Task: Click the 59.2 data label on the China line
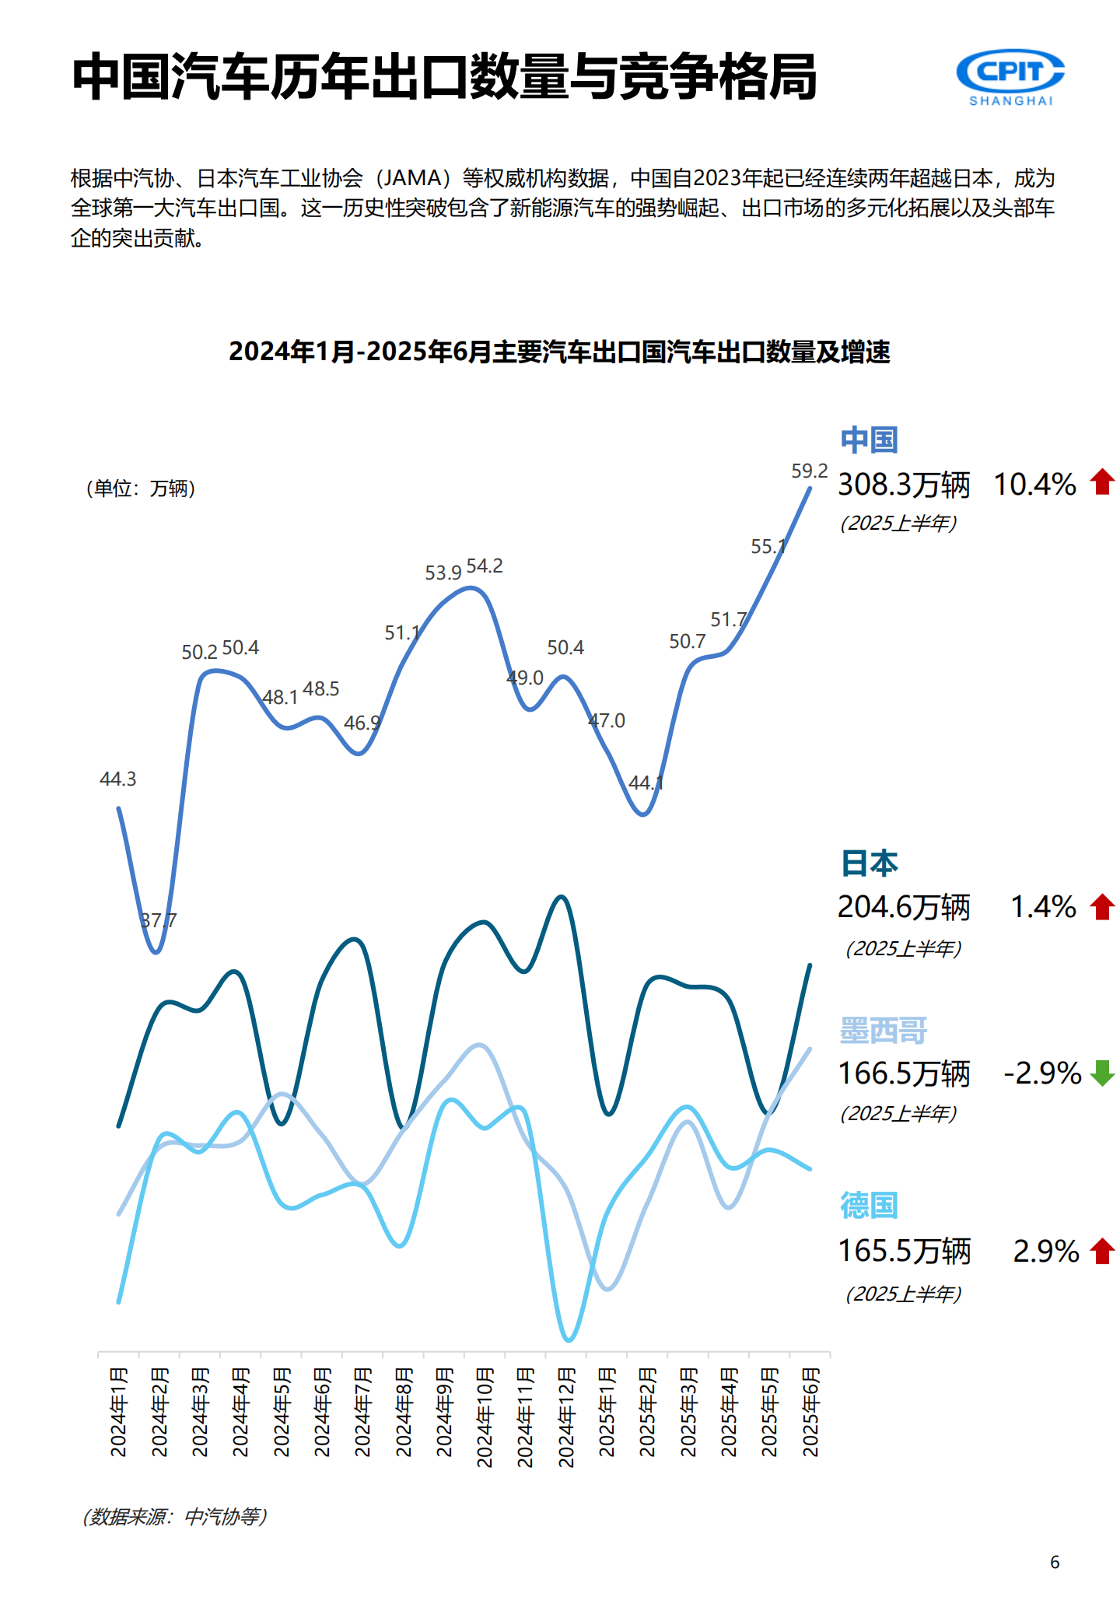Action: pos(809,471)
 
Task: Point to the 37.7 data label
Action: pos(159,920)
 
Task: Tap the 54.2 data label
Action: pos(485,566)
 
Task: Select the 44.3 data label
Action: pos(118,779)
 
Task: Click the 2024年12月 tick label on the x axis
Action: pos(566,1417)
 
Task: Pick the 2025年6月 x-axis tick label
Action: pos(810,1412)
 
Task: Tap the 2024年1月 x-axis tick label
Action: pos(118,1412)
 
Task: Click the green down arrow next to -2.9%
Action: pos(1102,1073)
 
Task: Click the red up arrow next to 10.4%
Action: pos(1102,482)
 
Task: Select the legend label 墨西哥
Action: pos(884,1031)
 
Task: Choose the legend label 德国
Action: pos(869,1206)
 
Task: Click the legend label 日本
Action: pos(869,863)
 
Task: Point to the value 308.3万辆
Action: pos(904,485)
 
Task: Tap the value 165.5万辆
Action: pos(904,1251)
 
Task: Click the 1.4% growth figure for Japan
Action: pos(1042,907)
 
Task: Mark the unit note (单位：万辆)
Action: pos(140,489)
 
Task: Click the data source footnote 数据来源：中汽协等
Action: pos(175,1516)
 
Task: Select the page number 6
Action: pos(1055,1562)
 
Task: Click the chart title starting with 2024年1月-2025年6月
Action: pos(559,352)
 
